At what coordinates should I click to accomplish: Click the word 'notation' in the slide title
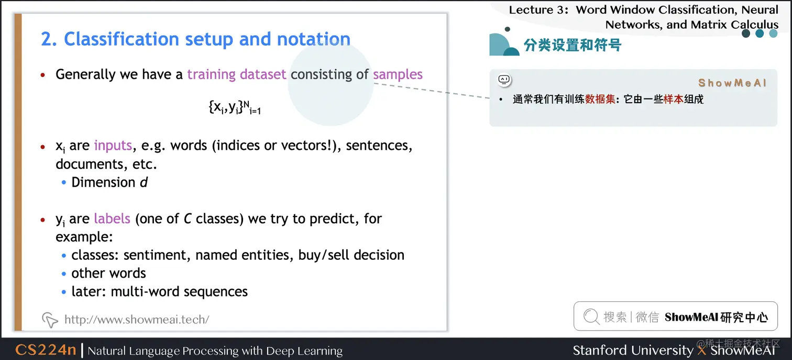coord(314,39)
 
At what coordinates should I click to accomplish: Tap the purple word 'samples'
coord(398,74)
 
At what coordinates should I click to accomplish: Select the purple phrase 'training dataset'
coord(237,74)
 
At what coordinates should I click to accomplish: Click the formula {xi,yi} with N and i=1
coord(235,107)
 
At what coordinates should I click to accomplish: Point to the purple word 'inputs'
coord(113,146)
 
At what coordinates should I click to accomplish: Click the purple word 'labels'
coord(112,219)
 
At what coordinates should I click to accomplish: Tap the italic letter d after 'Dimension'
coord(144,182)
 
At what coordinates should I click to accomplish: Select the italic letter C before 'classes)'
coord(188,219)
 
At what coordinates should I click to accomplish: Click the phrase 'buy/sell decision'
coord(351,255)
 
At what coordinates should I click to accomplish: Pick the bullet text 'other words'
coord(108,273)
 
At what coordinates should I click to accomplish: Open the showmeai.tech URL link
coord(137,319)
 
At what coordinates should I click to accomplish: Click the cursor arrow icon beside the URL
coord(50,320)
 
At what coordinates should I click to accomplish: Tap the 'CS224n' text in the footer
coord(46,350)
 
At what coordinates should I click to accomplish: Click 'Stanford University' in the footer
coord(633,350)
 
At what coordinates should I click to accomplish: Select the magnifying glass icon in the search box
coord(591,317)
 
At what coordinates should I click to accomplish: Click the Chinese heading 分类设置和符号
coord(573,45)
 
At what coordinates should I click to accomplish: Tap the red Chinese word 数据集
coord(600,100)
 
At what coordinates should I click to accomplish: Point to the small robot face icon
coord(504,80)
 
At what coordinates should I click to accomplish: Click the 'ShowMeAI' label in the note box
coord(732,83)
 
